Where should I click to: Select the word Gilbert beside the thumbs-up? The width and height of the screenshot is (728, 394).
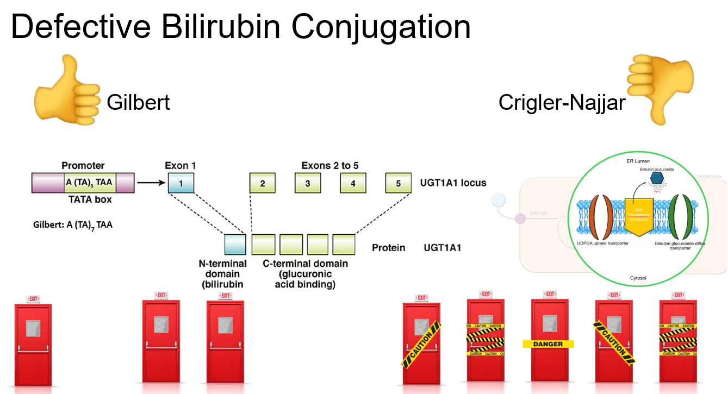[138, 102]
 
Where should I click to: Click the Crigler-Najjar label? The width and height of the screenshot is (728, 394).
[562, 102]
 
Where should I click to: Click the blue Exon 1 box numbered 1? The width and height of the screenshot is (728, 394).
[181, 183]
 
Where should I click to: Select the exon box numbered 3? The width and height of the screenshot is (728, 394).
[308, 183]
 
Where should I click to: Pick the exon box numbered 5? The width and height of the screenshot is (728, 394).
[399, 183]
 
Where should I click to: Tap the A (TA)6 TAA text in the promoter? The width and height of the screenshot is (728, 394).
[89, 183]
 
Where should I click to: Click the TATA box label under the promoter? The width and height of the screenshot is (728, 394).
[90, 199]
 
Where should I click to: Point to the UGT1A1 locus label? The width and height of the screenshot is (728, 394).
[453, 183]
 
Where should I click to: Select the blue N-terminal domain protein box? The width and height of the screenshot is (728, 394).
[235, 244]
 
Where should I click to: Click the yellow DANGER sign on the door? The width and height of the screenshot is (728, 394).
[547, 344]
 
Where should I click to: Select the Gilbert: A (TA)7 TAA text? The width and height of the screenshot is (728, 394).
[73, 223]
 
